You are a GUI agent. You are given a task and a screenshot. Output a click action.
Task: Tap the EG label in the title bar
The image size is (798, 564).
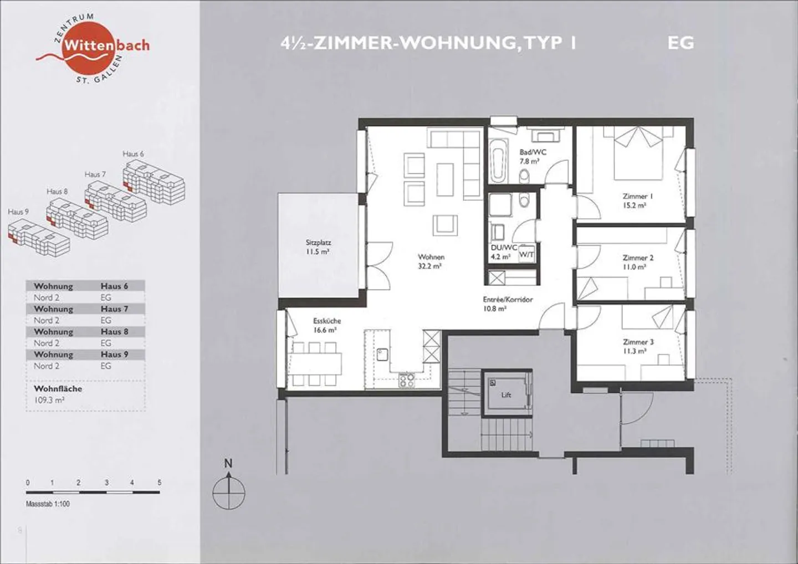[681, 43]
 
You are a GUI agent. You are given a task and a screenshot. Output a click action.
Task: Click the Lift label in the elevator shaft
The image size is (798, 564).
[506, 395]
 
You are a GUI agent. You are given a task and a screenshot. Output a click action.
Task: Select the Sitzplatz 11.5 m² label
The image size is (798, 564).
[318, 247]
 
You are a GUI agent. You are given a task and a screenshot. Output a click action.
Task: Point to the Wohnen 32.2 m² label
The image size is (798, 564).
[431, 262]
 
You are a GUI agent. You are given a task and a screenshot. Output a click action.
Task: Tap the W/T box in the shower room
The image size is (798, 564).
[526, 254]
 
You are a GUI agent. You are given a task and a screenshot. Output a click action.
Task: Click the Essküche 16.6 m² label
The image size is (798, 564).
[327, 325]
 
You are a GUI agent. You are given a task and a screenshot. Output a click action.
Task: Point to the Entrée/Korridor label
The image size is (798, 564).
[508, 299]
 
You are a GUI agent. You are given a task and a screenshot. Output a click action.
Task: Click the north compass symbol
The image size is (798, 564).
[229, 489]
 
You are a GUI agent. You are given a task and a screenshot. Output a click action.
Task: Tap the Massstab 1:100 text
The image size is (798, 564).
[48, 504]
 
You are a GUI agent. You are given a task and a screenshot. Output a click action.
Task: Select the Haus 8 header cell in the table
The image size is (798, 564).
[114, 332]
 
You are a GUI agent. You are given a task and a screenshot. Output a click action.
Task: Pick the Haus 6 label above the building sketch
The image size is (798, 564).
[133, 154]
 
